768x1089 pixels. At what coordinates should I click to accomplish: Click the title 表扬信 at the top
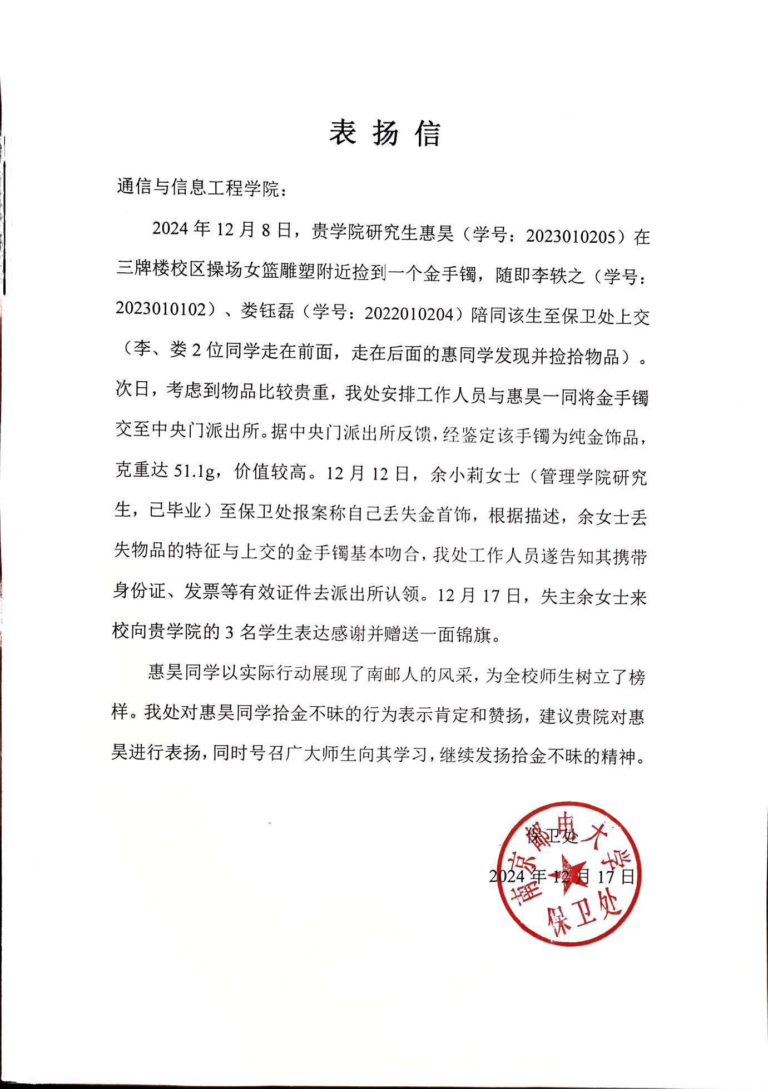click(x=385, y=133)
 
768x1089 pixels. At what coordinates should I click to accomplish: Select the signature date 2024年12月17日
click(x=562, y=877)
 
